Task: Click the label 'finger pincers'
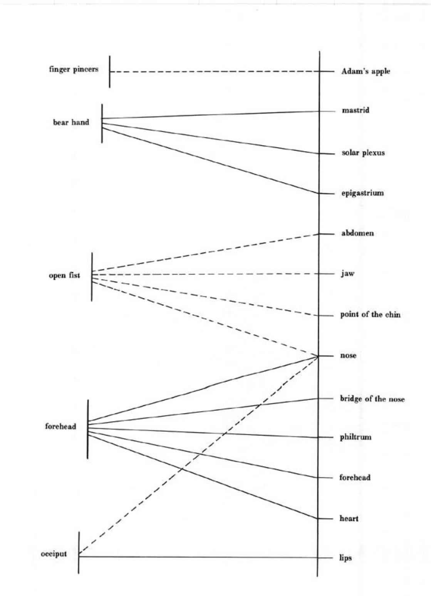pos(74,69)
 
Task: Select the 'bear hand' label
pos(71,122)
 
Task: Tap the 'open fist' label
pos(64,275)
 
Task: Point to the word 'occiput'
pos(54,554)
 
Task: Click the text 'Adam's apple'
pos(366,71)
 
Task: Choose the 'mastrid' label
pos(356,110)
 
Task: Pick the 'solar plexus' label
pos(363,153)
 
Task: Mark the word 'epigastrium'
pos(362,193)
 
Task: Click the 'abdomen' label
pos(357,233)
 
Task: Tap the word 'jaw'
pos(347,274)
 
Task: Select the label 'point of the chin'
pos(370,315)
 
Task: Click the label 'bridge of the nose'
pos(372,398)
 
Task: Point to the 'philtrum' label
pos(356,437)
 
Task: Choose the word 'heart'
pos(349,519)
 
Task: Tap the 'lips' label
pos(345,557)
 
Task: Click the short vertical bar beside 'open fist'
pos(92,276)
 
